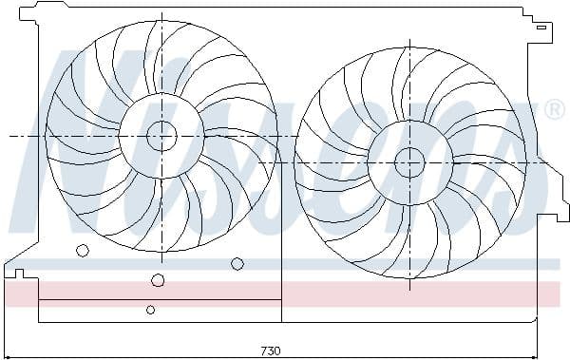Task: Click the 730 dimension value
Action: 270,351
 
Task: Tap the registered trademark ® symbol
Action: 555,111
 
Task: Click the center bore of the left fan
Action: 161,136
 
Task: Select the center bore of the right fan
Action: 409,161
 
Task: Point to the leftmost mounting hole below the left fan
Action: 83,251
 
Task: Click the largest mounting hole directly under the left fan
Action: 158,280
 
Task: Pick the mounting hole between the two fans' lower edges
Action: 237,263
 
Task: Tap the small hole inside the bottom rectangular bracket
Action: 150,310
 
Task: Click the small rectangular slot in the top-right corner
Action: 541,28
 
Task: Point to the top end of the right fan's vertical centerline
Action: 409,40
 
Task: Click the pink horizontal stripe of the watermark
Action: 285,293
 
